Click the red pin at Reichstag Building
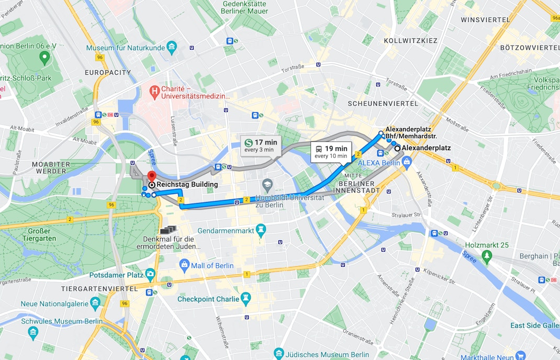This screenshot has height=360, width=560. pos(151,176)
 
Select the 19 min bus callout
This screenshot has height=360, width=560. pos(330,152)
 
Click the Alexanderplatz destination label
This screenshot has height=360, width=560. pos(426,148)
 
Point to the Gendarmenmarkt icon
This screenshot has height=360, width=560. pos(261,230)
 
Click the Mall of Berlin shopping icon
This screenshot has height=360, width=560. pos(184,265)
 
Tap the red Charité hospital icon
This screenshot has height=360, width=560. pos(154,92)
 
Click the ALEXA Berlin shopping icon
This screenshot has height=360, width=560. pos(406,163)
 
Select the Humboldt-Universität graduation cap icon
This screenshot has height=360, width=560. pos(267,185)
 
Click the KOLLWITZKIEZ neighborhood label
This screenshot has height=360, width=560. pos(410,40)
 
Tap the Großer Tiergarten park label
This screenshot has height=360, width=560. pos(40,235)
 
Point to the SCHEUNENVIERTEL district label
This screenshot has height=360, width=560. pos(383,104)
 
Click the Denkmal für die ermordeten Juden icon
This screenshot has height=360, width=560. pos(169,229)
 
